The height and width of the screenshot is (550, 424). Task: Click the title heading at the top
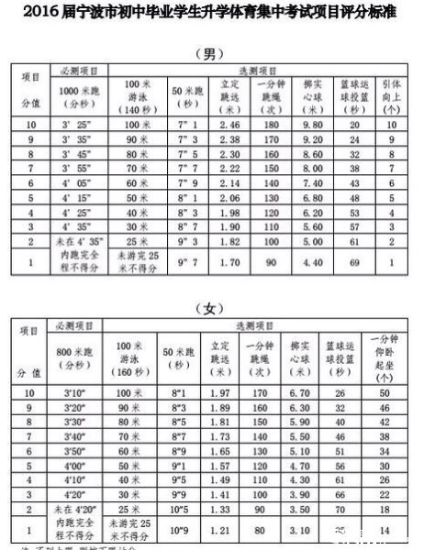pos(212,13)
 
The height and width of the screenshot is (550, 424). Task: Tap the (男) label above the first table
pos(212,52)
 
